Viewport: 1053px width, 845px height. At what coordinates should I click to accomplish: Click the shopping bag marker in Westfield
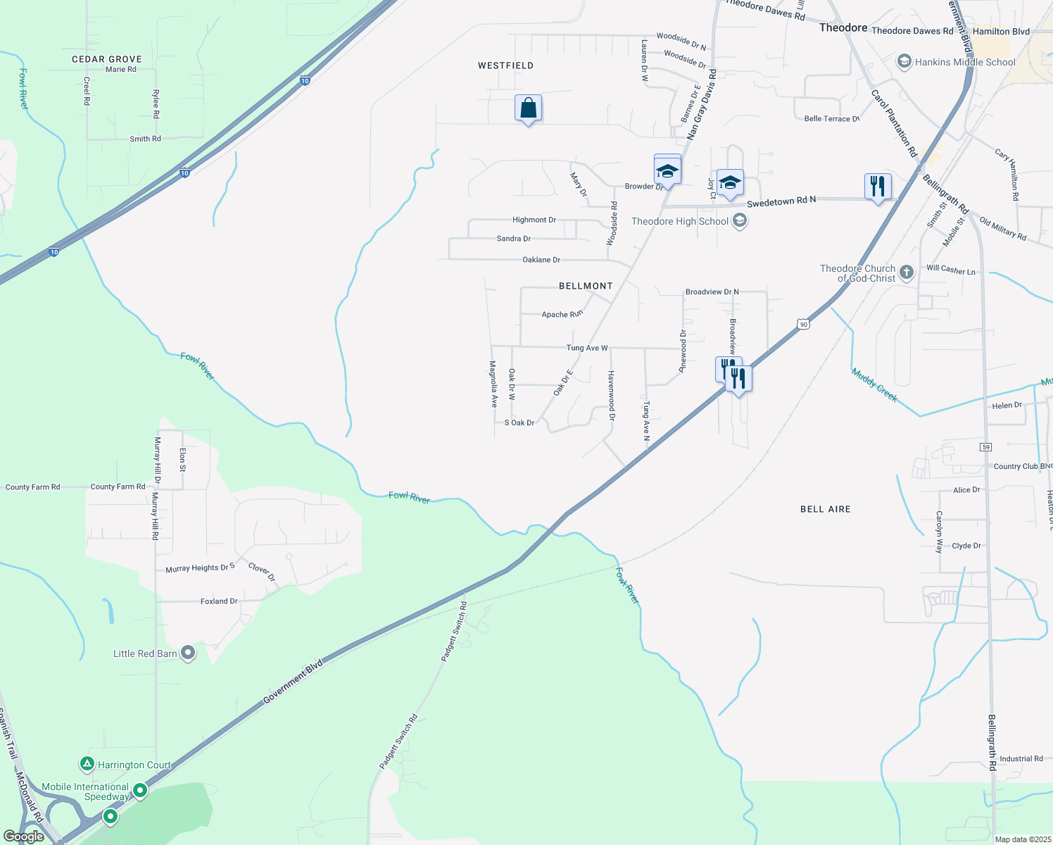(528, 109)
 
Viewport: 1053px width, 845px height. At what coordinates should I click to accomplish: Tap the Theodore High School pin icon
(739, 221)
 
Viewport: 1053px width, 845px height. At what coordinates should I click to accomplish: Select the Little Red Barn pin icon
(188, 653)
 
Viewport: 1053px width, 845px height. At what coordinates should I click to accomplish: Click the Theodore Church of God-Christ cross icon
(907, 273)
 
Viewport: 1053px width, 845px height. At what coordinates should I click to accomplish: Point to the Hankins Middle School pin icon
(904, 62)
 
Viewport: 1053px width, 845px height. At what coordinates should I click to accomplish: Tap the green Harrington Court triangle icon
(87, 764)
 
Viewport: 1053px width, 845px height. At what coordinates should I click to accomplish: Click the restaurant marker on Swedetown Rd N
(877, 187)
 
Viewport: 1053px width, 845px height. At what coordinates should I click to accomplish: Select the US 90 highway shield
(804, 324)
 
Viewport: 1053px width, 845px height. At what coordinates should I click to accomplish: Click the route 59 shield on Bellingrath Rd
(986, 447)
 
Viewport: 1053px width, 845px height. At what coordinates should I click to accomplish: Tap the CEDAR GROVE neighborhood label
(107, 59)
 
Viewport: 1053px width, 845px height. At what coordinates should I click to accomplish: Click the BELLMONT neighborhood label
(586, 286)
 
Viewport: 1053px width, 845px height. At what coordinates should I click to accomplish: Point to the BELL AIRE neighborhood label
(825, 509)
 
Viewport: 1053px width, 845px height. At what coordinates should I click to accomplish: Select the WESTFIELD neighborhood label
(505, 65)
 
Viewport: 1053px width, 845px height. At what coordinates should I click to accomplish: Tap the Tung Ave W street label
(587, 348)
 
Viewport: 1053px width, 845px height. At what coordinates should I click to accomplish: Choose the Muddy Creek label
(874, 385)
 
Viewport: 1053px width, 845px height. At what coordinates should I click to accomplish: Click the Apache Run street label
(562, 314)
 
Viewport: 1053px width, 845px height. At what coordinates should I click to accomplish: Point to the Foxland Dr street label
(219, 601)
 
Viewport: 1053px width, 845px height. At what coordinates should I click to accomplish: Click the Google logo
(24, 837)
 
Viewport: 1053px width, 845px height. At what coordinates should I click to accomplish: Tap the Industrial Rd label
(1021, 758)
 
